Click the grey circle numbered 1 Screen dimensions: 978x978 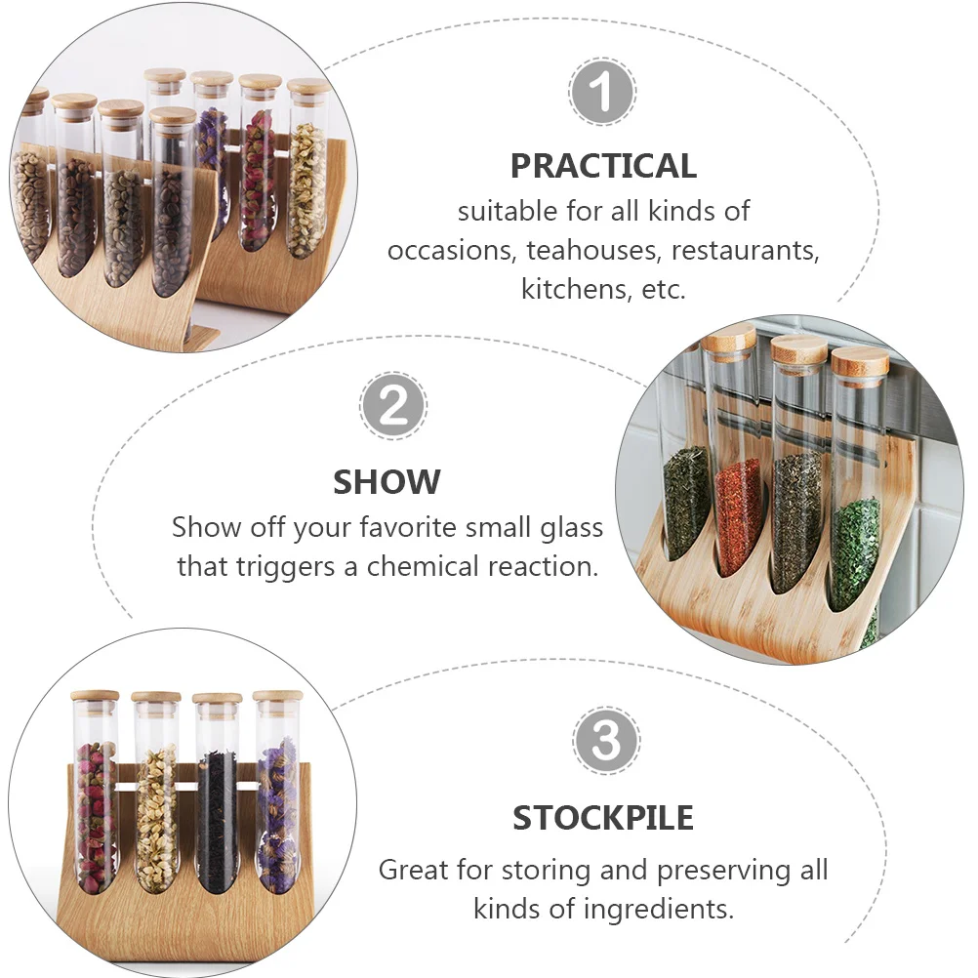pos(602,92)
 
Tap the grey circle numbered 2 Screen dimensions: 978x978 pos(393,405)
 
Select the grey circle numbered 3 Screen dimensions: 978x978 pos(605,741)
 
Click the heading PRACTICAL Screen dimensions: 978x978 pos(603,166)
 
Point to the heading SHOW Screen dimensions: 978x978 pos(387,482)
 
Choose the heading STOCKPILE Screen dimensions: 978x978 pos(603,818)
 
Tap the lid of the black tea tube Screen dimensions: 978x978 pos(217,699)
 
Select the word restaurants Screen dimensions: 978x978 pos(746,250)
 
